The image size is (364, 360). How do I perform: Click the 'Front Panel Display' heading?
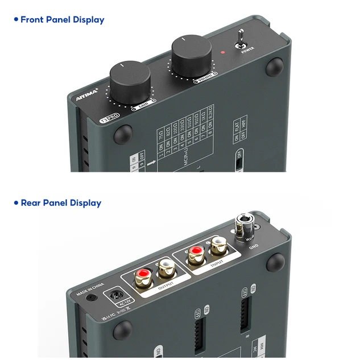click(x=62, y=20)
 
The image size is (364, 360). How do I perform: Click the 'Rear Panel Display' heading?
click(x=61, y=203)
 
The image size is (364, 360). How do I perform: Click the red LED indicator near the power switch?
click(x=222, y=52)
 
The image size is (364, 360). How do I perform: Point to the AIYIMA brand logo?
click(x=87, y=94)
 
